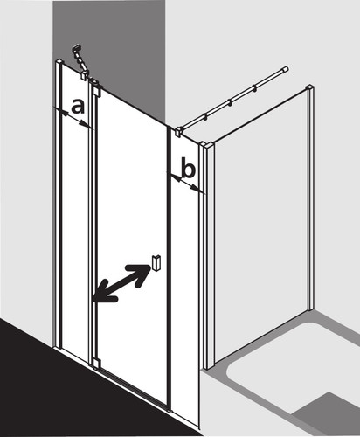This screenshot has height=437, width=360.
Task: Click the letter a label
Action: tap(78, 107)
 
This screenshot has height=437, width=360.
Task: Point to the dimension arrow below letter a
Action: tap(73, 117)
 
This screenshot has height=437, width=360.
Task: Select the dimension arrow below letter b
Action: tap(186, 183)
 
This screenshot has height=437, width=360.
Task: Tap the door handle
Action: tap(156, 263)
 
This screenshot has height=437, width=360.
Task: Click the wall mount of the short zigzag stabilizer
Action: tap(77, 48)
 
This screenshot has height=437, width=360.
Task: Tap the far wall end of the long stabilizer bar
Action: tap(287, 69)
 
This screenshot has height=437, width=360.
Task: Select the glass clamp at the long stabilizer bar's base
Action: tap(178, 132)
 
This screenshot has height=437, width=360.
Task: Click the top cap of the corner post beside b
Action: tap(206, 145)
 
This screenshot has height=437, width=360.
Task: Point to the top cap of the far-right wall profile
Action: tap(309, 87)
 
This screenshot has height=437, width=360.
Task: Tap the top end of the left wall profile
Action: tap(59, 61)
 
